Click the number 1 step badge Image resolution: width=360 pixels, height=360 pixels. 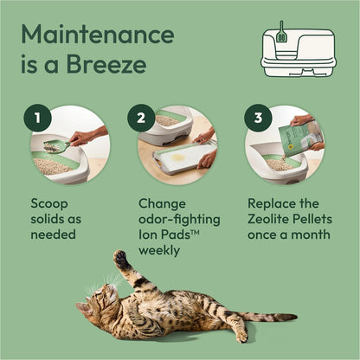(x=37, y=118)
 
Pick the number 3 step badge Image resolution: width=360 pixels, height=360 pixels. (x=257, y=118)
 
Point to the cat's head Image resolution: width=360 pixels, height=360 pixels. (x=93, y=303)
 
